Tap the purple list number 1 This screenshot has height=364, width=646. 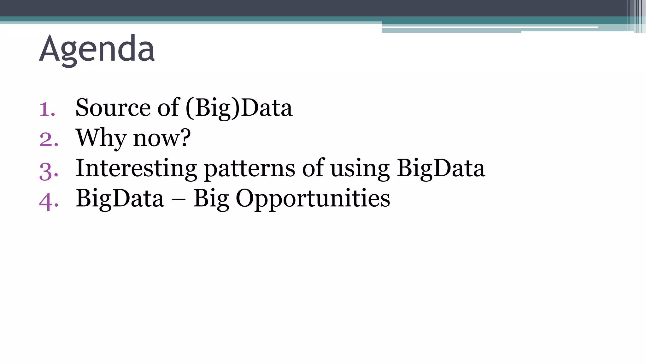tap(47, 109)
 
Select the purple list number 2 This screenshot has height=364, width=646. tap(49, 139)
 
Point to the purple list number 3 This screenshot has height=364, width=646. tap(49, 171)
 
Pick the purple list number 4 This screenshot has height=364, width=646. tap(49, 201)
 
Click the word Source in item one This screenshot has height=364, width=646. tap(113, 108)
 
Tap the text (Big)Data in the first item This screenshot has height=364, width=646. tap(239, 108)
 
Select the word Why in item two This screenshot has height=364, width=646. tap(101, 138)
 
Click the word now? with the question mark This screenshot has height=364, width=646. tap(162, 138)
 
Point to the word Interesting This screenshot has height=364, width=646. tap(136, 168)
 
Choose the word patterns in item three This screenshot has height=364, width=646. tap(250, 168)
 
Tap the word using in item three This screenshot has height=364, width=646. tap(360, 168)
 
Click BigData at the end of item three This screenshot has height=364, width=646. tap(441, 168)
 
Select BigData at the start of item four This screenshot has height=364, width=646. tap(120, 198)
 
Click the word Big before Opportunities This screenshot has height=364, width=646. tap(211, 198)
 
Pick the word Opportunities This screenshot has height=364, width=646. tap(313, 198)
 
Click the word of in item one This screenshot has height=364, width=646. tap(168, 108)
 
